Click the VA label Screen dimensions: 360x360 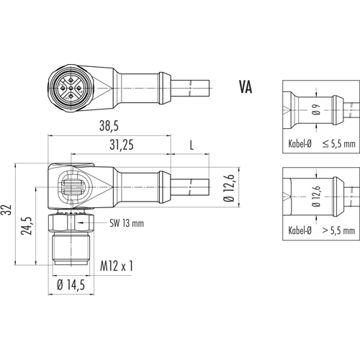pyautogui.click(x=246, y=86)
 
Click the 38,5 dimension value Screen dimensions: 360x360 pyautogui.click(x=109, y=125)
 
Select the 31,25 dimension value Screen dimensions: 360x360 pyautogui.click(x=122, y=145)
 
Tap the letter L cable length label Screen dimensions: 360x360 pyautogui.click(x=192, y=145)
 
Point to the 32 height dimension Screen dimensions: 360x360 pyautogui.click(x=7, y=210)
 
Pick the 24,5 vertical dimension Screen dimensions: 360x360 pyautogui.click(x=27, y=226)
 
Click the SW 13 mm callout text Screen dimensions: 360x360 pyautogui.click(x=127, y=223)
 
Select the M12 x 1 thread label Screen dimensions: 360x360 pyautogui.click(x=117, y=266)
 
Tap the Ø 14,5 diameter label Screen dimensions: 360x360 pyautogui.click(x=71, y=285)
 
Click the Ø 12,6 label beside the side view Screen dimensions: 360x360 pyautogui.click(x=229, y=188)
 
